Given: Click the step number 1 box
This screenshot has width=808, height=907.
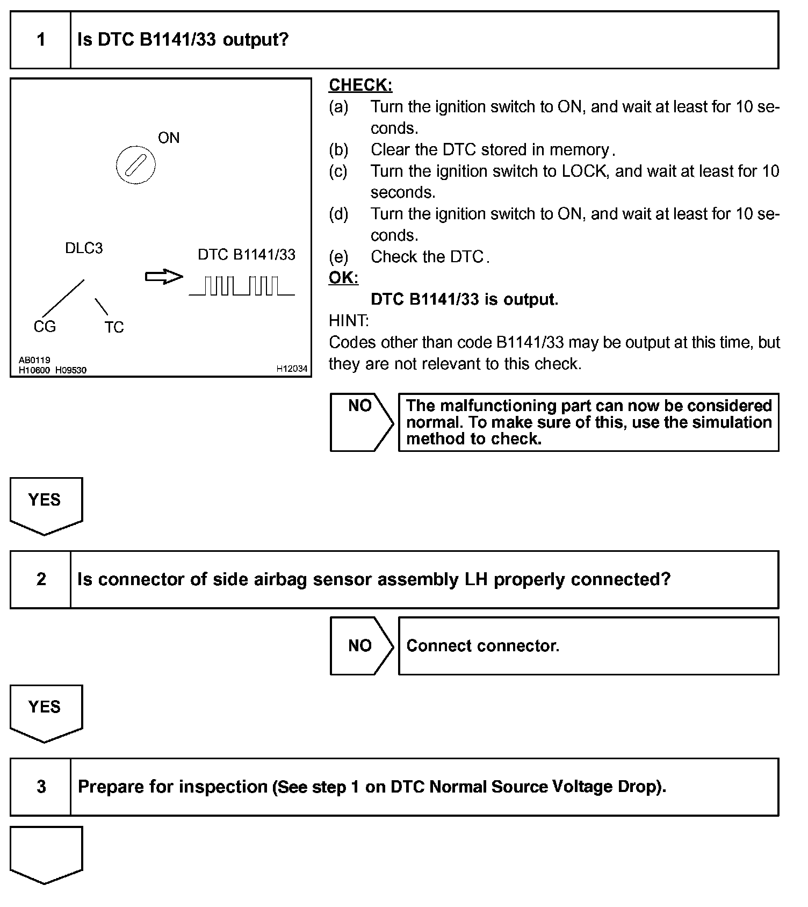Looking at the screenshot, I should coord(41,40).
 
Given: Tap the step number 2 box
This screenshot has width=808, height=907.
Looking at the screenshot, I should coord(41,579).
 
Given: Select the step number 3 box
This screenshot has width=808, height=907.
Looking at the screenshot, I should coord(41,787).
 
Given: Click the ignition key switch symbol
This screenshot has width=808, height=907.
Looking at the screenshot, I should coord(135,164).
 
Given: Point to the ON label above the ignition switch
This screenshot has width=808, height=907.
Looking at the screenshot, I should coord(169,138).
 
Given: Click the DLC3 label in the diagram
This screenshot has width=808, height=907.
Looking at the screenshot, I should coord(84,248).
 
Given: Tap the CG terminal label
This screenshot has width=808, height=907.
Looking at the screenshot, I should coord(45,327).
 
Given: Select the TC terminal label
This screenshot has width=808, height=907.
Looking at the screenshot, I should coord(114,327).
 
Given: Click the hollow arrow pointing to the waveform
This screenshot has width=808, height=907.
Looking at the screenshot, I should coord(164,277).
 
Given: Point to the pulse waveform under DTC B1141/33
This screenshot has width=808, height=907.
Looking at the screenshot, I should coord(242,286).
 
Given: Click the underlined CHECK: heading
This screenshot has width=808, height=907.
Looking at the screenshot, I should coord(360,85).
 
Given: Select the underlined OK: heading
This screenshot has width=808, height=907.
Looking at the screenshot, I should coord(343,278).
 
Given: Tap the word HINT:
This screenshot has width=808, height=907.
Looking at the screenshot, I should coord(349,321).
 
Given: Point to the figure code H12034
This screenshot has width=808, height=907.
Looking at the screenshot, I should coord(292,369).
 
